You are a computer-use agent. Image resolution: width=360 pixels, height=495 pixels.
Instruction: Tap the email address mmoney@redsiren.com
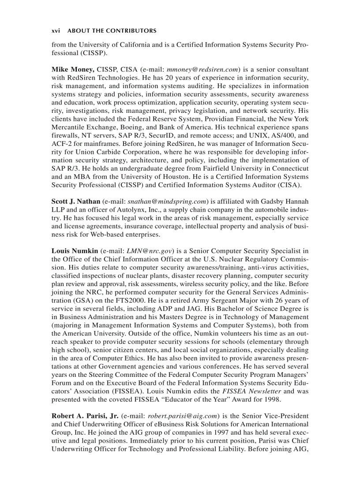[203, 69]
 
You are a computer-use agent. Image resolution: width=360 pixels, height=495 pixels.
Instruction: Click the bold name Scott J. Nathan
[76, 201]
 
